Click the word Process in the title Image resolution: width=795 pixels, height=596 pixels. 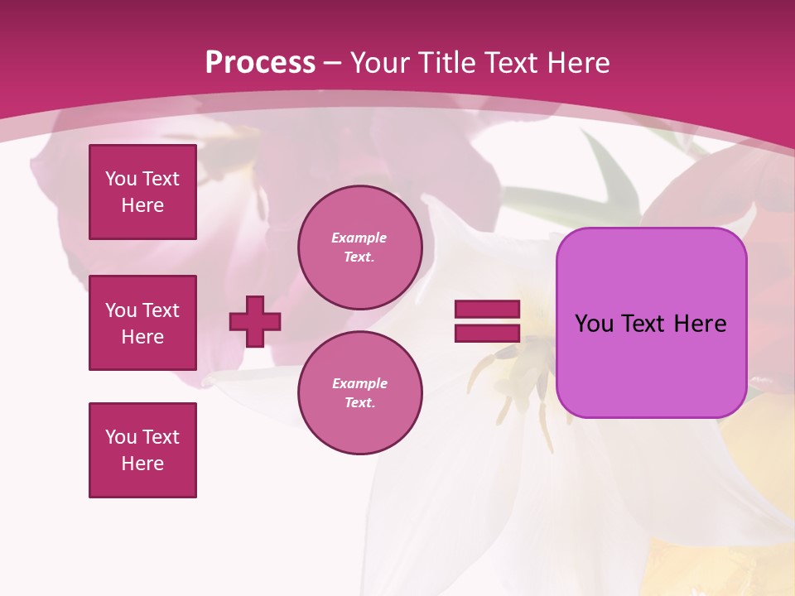(260, 63)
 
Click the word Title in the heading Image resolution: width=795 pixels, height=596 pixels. (445, 63)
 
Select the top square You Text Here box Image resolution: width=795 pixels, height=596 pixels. (142, 192)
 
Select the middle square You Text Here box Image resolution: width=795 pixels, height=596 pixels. (142, 323)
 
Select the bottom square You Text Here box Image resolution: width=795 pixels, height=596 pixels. (142, 450)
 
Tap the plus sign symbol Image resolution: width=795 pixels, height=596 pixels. (255, 321)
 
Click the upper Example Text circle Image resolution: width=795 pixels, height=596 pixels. (360, 248)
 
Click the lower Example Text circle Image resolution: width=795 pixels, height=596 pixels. (360, 393)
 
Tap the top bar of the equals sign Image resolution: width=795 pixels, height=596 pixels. (487, 310)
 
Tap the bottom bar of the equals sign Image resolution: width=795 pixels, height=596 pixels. (487, 333)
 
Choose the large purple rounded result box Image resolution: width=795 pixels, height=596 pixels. (652, 323)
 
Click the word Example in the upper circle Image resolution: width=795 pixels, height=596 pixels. (359, 238)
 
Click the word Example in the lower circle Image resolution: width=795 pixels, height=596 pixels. (359, 383)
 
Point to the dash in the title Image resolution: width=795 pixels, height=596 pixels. (333, 63)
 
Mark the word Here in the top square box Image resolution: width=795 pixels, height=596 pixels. (142, 205)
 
